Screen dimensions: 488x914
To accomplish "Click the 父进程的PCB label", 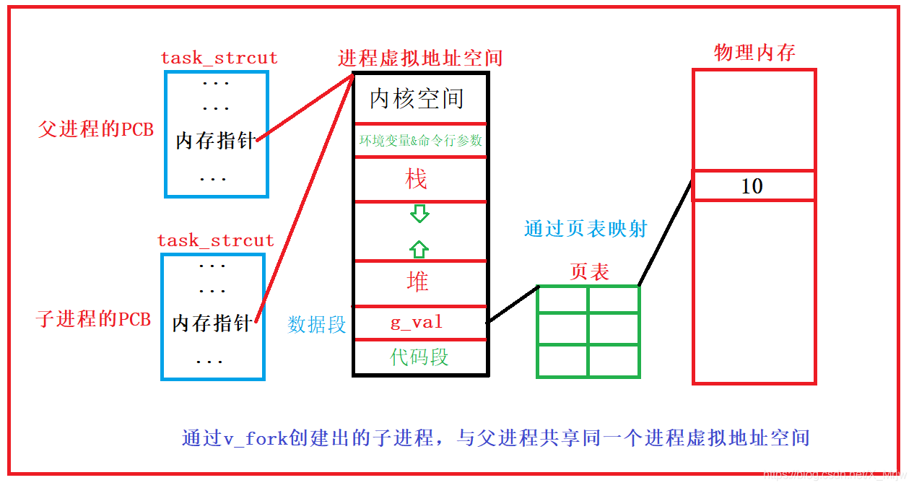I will pos(96,130).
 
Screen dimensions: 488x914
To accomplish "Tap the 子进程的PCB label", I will pos(94,319).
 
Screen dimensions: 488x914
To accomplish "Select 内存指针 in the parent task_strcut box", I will pos(215,141).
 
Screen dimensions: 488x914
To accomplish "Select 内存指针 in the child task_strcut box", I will pos(212,323).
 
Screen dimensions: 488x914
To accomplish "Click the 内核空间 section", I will pos(417,99).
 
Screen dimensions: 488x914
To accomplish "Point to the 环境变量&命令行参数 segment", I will pos(420,141).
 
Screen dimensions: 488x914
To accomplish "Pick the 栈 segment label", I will pos(417,179).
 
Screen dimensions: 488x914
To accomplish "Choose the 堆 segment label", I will pos(417,282).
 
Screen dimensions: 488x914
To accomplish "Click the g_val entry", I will pos(417,323).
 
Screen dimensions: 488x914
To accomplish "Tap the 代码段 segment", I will pos(419,357).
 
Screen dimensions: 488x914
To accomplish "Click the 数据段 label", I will pos(317,325).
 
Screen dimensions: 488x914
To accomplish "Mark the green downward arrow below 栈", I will pos(419,214).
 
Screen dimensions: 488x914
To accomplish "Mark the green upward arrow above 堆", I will pos(419,249).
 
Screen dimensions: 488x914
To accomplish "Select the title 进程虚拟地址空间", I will pos(420,58).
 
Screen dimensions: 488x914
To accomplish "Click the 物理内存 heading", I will pos(754,53).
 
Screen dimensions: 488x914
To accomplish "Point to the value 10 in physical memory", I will pos(752,186).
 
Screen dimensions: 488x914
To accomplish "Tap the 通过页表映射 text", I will pos(586,230).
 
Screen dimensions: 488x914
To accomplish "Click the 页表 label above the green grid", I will pos(589,271).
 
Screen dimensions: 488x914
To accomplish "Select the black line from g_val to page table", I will pos(513,304).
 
